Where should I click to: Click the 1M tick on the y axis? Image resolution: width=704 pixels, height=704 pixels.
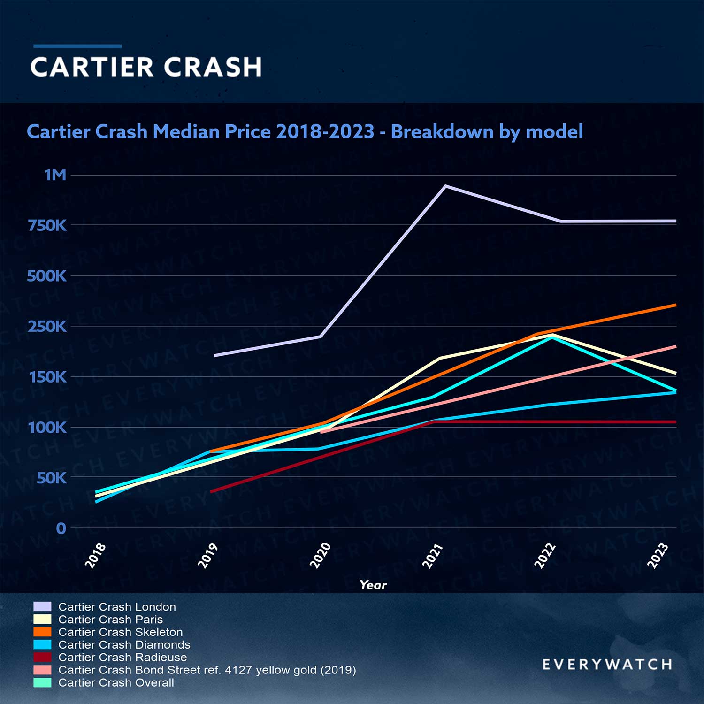coord(55,175)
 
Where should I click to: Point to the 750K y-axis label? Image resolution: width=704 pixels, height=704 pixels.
coord(47,226)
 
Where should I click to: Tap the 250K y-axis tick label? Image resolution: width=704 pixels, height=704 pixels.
coord(47,327)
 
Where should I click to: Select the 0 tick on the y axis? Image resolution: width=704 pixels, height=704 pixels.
coord(61,528)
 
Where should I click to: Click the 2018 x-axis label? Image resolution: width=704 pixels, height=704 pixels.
coord(95,556)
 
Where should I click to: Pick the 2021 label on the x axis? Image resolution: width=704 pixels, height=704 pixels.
coord(433,556)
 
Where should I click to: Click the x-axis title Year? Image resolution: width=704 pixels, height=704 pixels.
coord(373,585)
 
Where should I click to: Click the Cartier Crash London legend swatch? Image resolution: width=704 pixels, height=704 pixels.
coord(43,606)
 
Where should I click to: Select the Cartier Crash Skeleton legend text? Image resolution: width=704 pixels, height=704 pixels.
coord(120,632)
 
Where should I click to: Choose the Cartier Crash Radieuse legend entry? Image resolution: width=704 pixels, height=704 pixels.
coord(122,658)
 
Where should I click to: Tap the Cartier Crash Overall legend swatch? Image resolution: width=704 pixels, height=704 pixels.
coord(43,682)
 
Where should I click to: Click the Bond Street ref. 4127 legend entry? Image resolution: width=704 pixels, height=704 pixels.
coord(207,670)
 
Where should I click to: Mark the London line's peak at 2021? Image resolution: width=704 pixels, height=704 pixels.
coord(445,186)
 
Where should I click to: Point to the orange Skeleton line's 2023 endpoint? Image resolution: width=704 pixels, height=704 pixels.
coord(675,305)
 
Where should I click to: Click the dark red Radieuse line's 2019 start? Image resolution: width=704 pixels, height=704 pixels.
coord(212,491)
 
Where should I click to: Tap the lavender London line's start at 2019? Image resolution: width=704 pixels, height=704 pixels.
coord(215,356)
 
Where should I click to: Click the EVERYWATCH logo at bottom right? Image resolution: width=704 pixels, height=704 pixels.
coord(607,665)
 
